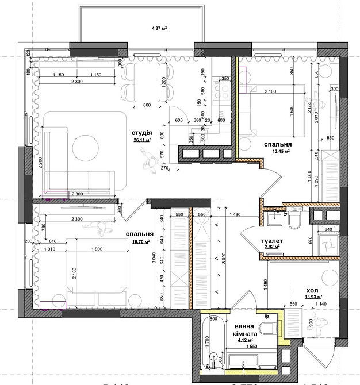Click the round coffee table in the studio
click(86, 147)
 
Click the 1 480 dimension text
click(235, 215)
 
